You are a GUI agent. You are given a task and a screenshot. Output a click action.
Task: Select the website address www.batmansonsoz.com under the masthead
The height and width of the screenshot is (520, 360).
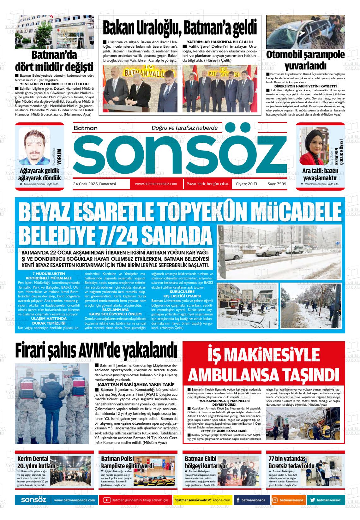(156, 184)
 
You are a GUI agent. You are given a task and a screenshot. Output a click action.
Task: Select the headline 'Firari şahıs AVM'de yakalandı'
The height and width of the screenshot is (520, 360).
(96, 351)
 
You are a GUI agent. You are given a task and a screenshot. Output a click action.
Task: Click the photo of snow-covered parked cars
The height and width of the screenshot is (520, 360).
(279, 252)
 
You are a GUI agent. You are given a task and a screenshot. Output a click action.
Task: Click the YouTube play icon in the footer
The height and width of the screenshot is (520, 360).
(107, 500)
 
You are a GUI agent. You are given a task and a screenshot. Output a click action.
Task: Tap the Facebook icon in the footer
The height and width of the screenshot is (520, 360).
(238, 500)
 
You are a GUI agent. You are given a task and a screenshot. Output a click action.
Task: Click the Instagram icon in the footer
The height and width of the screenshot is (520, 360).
(275, 500)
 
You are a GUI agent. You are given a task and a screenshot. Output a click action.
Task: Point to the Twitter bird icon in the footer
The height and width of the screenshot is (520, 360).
(312, 500)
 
